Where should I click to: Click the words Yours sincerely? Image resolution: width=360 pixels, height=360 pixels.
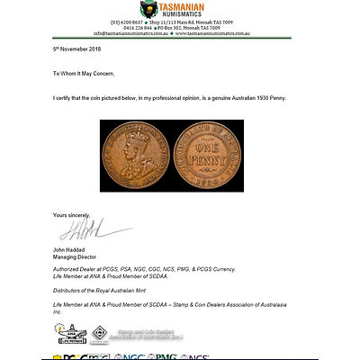click(72, 214)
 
